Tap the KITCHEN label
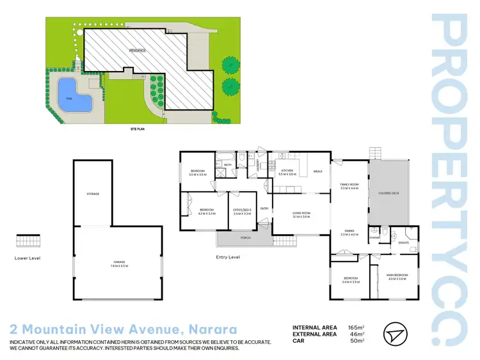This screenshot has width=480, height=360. (287, 171)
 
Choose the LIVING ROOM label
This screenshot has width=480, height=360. (301, 213)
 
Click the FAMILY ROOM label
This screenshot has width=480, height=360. (349, 184)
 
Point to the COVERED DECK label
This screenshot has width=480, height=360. (388, 192)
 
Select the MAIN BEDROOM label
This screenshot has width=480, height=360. (397, 276)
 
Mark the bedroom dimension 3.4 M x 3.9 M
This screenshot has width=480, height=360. (349, 283)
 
